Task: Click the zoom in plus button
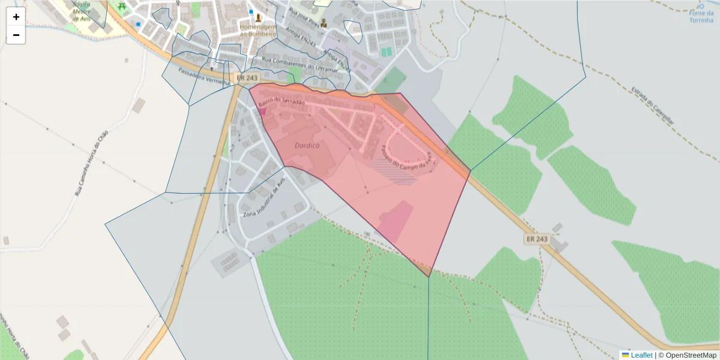pos(16,17)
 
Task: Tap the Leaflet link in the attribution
pos(641,355)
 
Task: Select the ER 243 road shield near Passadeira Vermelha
pos(247,78)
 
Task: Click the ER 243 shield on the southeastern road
pos(537,239)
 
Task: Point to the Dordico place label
pos(307,146)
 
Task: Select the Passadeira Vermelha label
pos(204,76)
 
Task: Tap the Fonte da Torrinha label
pos(701,16)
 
